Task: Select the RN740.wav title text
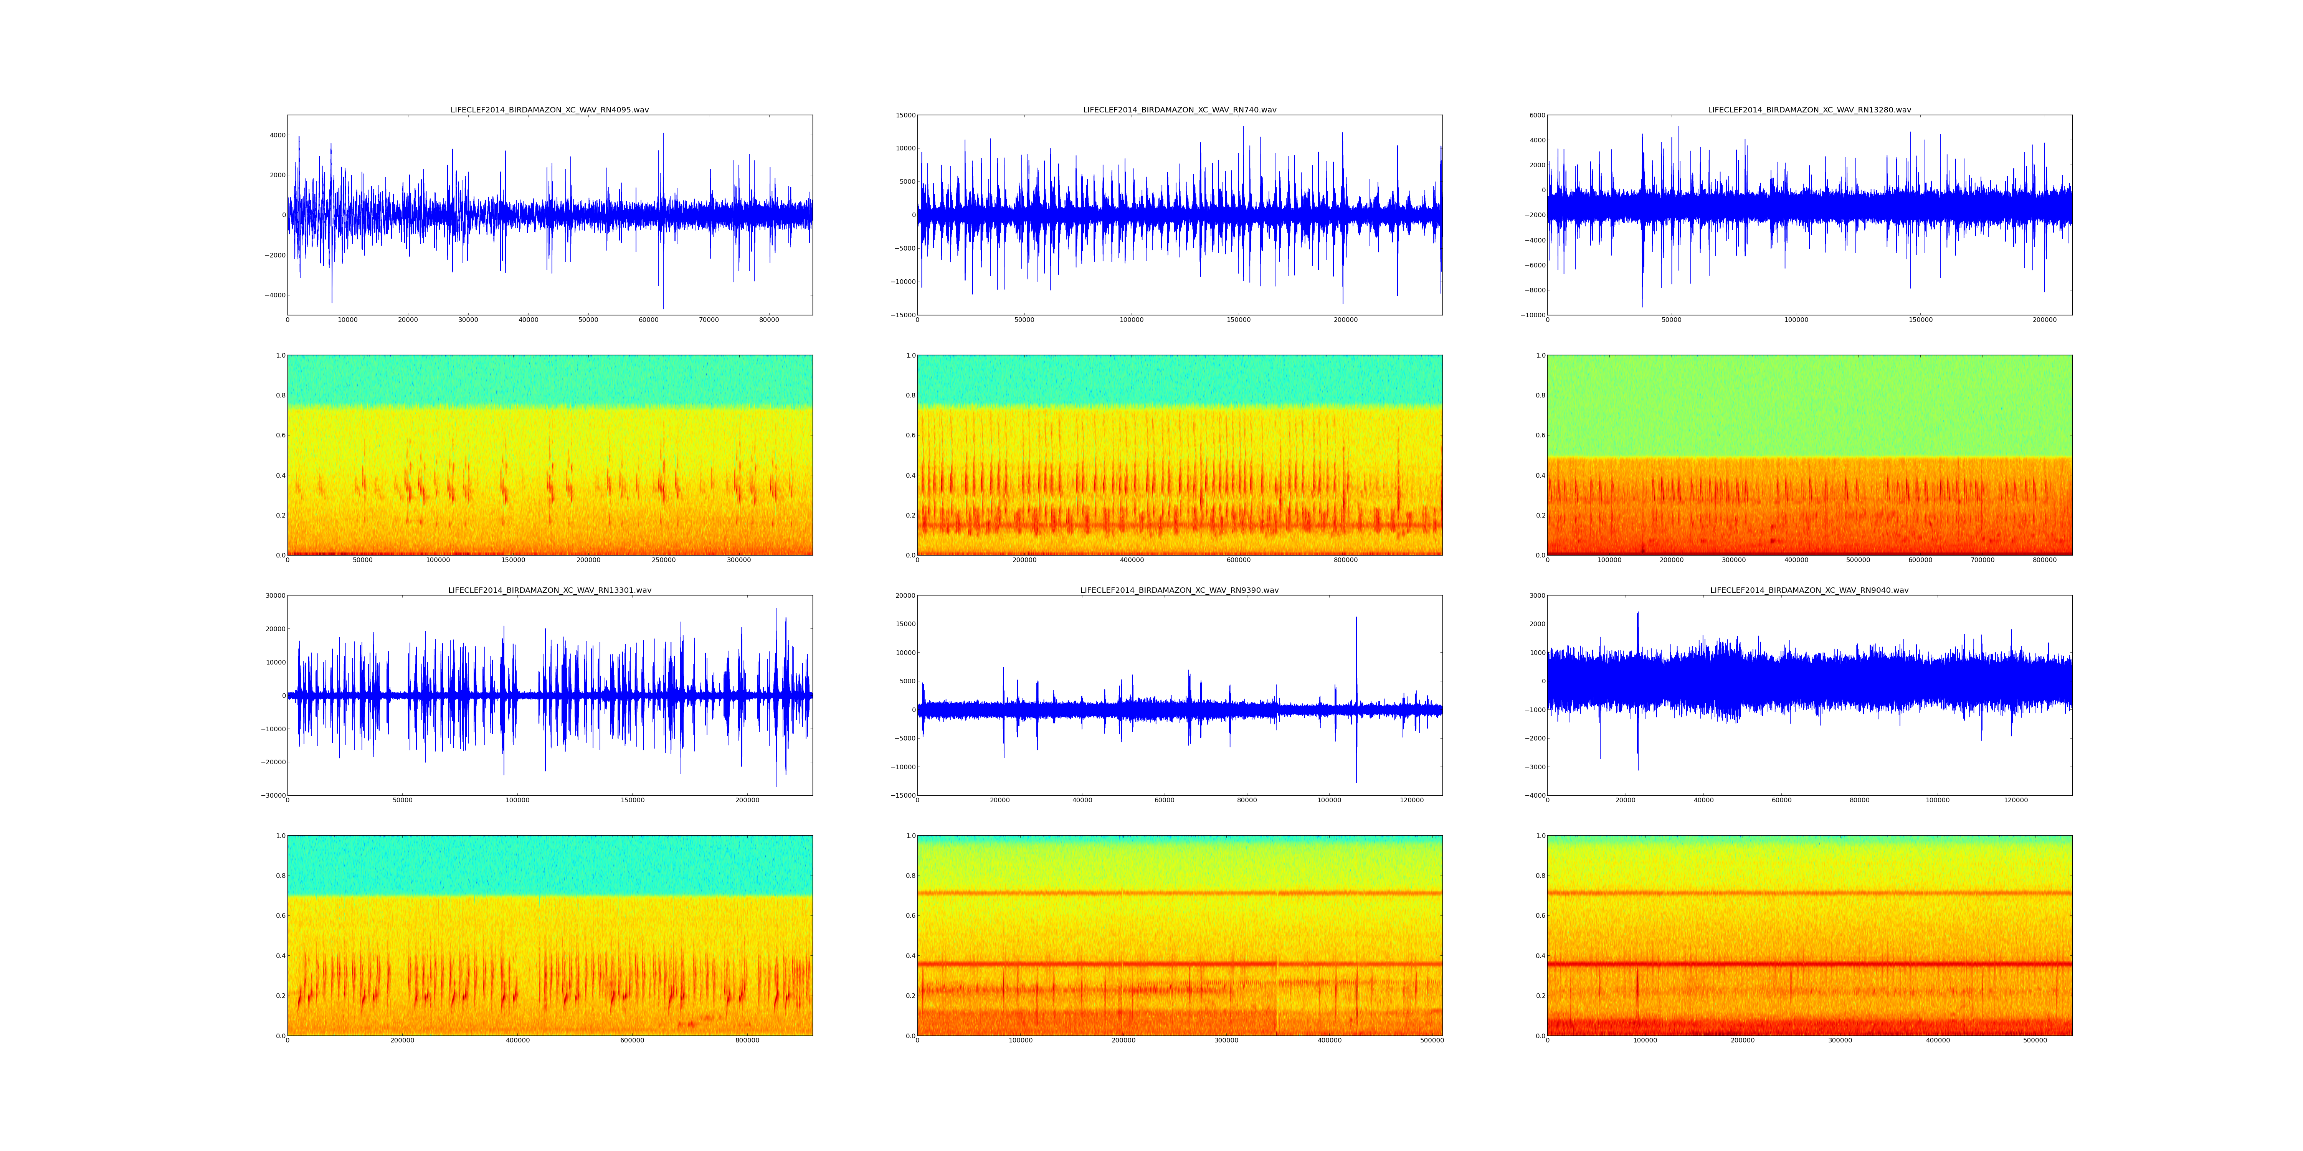click(x=1179, y=110)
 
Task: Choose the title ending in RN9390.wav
click(x=1179, y=591)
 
